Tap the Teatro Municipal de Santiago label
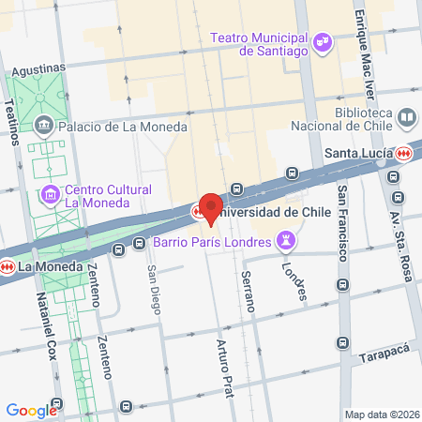260,44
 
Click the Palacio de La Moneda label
122,127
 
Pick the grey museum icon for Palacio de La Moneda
44,126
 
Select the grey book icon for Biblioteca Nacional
407,118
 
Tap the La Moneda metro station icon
8,266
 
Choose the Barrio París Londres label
212,243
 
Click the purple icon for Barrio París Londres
287,243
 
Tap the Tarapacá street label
384,358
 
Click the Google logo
31,410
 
